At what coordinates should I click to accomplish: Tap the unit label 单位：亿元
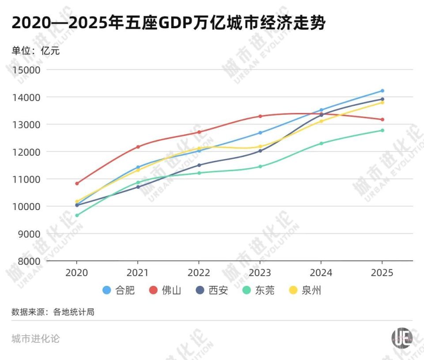coord(35,50)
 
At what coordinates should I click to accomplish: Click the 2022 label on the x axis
coord(199,273)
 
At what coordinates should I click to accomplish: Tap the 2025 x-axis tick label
coord(382,273)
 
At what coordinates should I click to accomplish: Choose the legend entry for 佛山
coord(165,290)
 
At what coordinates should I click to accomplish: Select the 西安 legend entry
coord(212,290)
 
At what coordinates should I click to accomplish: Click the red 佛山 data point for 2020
coord(77,183)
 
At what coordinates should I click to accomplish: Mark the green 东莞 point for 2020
coord(77,215)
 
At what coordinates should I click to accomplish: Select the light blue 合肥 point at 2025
coord(382,91)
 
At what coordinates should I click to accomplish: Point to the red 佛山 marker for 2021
coord(138,146)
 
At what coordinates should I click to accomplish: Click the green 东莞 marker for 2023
coord(260,166)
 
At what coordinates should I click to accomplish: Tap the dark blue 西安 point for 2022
coord(199,165)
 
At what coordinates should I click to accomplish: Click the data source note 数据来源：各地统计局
coord(53,312)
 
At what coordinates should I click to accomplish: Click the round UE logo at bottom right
coord(401,337)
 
